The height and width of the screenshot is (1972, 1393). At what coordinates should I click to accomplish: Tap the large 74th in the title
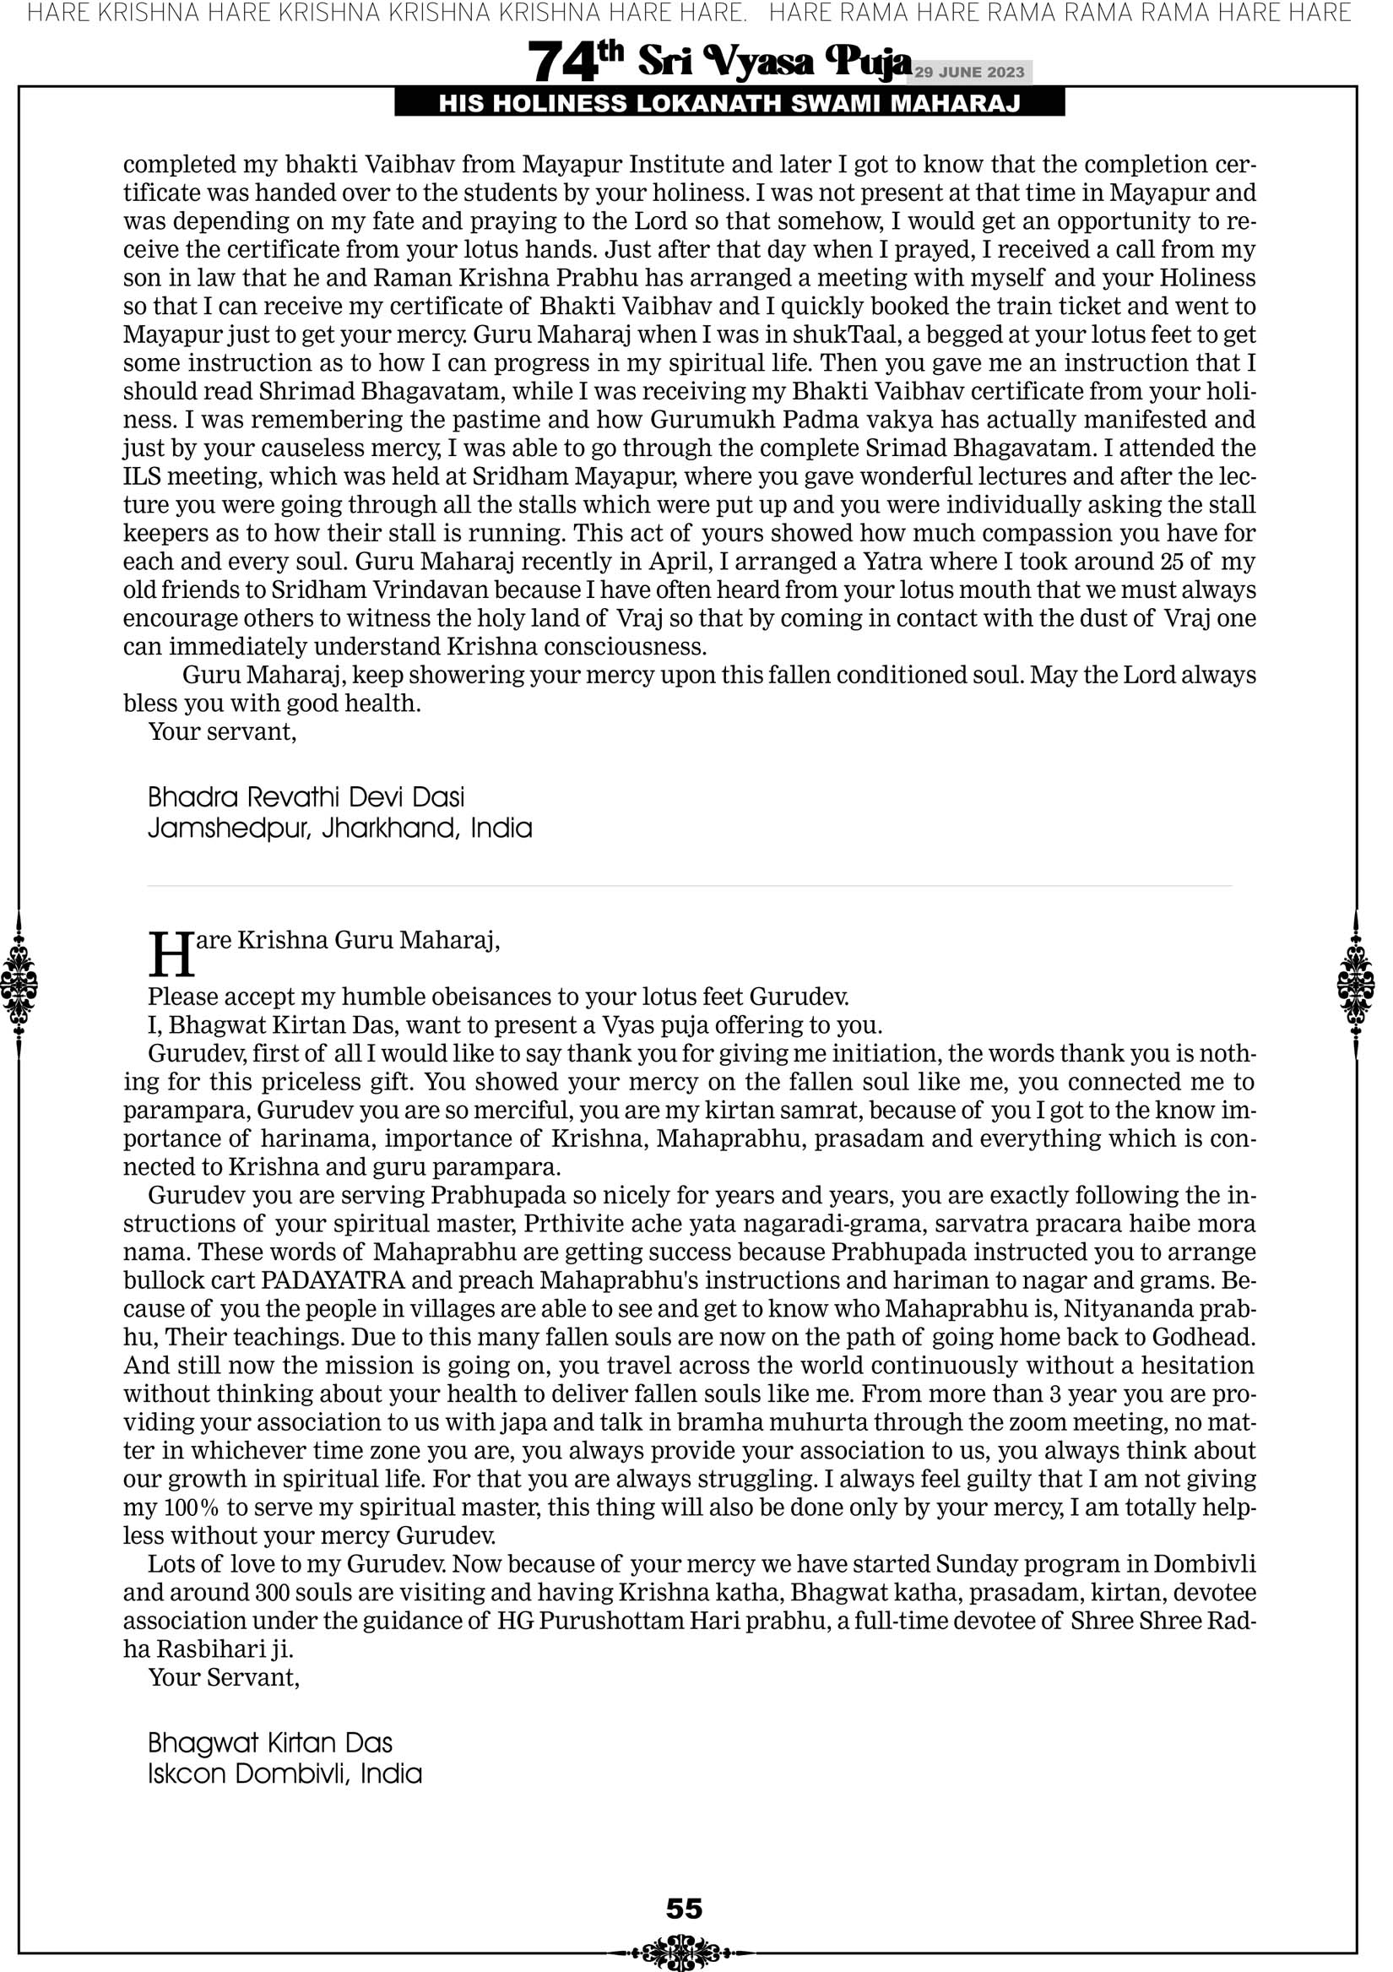574,62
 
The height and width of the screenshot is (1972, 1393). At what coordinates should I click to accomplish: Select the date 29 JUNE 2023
969,72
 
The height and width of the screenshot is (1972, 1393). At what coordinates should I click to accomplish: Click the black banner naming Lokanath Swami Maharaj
729,104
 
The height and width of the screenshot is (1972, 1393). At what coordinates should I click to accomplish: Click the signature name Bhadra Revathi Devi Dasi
306,797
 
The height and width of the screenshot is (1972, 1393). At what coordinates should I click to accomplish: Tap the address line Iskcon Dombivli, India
285,1774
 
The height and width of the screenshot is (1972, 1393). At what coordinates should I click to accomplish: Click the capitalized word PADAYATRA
333,1279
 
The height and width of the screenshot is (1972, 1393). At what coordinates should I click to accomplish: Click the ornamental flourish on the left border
19,982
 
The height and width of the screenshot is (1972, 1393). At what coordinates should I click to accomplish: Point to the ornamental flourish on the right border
1356,982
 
